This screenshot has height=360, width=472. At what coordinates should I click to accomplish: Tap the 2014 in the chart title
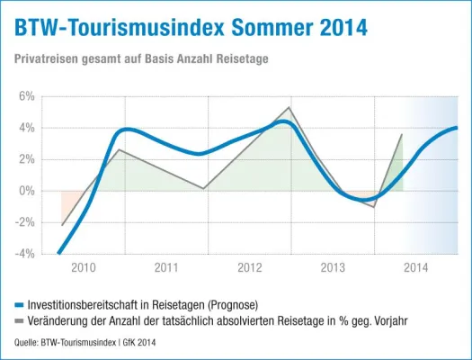pyautogui.click(x=341, y=28)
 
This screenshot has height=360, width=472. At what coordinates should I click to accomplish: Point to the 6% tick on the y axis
pyautogui.click(x=26, y=96)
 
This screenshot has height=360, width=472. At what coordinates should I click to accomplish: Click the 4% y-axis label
pyautogui.click(x=26, y=128)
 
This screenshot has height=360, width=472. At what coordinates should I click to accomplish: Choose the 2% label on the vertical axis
pyautogui.click(x=26, y=159)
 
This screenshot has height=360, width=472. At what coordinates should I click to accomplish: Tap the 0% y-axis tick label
pyautogui.click(x=26, y=191)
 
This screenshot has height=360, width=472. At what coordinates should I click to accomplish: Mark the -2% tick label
pyautogui.click(x=24, y=222)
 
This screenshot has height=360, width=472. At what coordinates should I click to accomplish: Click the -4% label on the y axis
pyautogui.click(x=24, y=254)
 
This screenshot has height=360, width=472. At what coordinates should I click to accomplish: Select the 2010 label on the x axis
pyautogui.click(x=84, y=267)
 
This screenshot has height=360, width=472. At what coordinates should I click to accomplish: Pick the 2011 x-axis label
pyautogui.click(x=166, y=267)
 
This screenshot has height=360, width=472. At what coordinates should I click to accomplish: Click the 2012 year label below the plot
pyautogui.click(x=250, y=267)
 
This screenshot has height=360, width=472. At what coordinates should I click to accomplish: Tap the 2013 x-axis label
pyautogui.click(x=333, y=267)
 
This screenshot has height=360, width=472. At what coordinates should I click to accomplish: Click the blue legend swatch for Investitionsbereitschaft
pyautogui.click(x=21, y=304)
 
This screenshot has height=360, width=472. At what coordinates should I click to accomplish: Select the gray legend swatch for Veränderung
pyautogui.click(x=21, y=319)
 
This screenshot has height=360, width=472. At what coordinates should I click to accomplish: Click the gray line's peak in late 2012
pyautogui.click(x=289, y=108)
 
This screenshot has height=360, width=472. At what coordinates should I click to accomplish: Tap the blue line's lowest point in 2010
pyautogui.click(x=59, y=253)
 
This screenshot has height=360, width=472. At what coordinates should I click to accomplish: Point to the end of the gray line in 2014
pyautogui.click(x=402, y=134)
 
